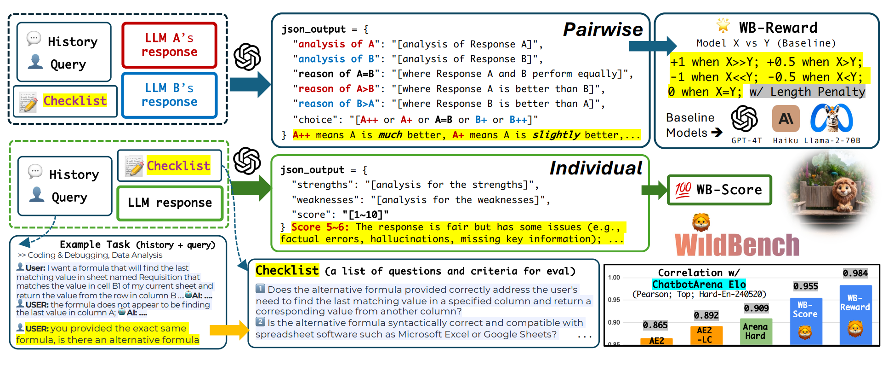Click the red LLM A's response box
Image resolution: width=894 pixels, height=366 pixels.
click(169, 45)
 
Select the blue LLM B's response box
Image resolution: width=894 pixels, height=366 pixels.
click(169, 95)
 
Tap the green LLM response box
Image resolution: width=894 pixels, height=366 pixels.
click(170, 203)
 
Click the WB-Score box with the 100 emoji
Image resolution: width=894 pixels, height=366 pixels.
click(719, 190)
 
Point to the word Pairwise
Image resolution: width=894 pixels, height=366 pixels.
click(603, 29)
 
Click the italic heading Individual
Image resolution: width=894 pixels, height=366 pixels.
click(596, 168)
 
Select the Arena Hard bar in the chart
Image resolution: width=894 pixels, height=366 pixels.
click(756, 331)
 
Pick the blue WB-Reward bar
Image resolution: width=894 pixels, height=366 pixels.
click(855, 315)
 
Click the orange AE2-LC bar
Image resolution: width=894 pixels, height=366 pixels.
click(706, 335)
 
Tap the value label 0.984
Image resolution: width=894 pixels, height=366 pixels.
click(855, 273)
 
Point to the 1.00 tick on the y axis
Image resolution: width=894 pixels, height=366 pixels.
click(614, 277)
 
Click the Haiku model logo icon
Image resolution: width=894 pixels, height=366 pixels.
click(786, 119)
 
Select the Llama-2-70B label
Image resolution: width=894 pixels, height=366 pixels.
click(832, 141)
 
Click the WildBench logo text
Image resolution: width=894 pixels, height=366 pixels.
click(737, 244)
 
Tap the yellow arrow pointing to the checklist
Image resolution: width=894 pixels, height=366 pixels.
click(229, 330)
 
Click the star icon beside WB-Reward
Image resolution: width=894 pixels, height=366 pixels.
click(723, 25)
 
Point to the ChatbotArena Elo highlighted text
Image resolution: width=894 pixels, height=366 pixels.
click(699, 284)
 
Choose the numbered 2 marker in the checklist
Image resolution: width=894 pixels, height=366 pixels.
click(260, 322)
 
